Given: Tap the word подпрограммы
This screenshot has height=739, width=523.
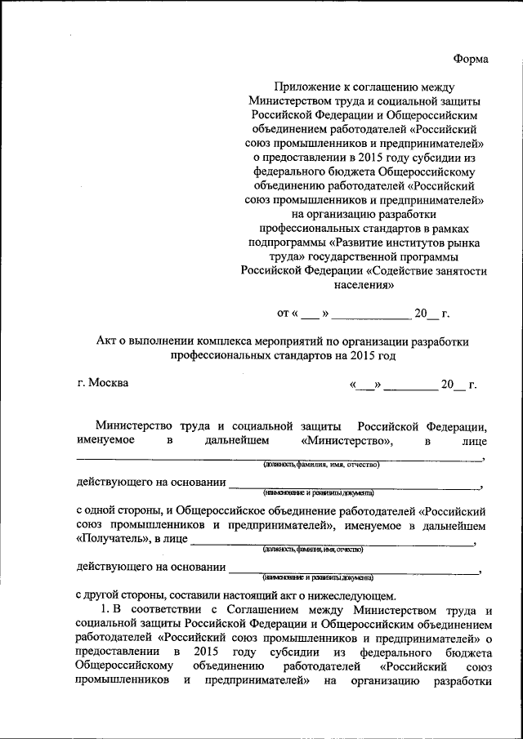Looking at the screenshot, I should (285, 243).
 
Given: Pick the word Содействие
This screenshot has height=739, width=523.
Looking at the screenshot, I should (405, 272).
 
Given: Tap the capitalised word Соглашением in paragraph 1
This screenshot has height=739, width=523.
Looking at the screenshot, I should (229, 610).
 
